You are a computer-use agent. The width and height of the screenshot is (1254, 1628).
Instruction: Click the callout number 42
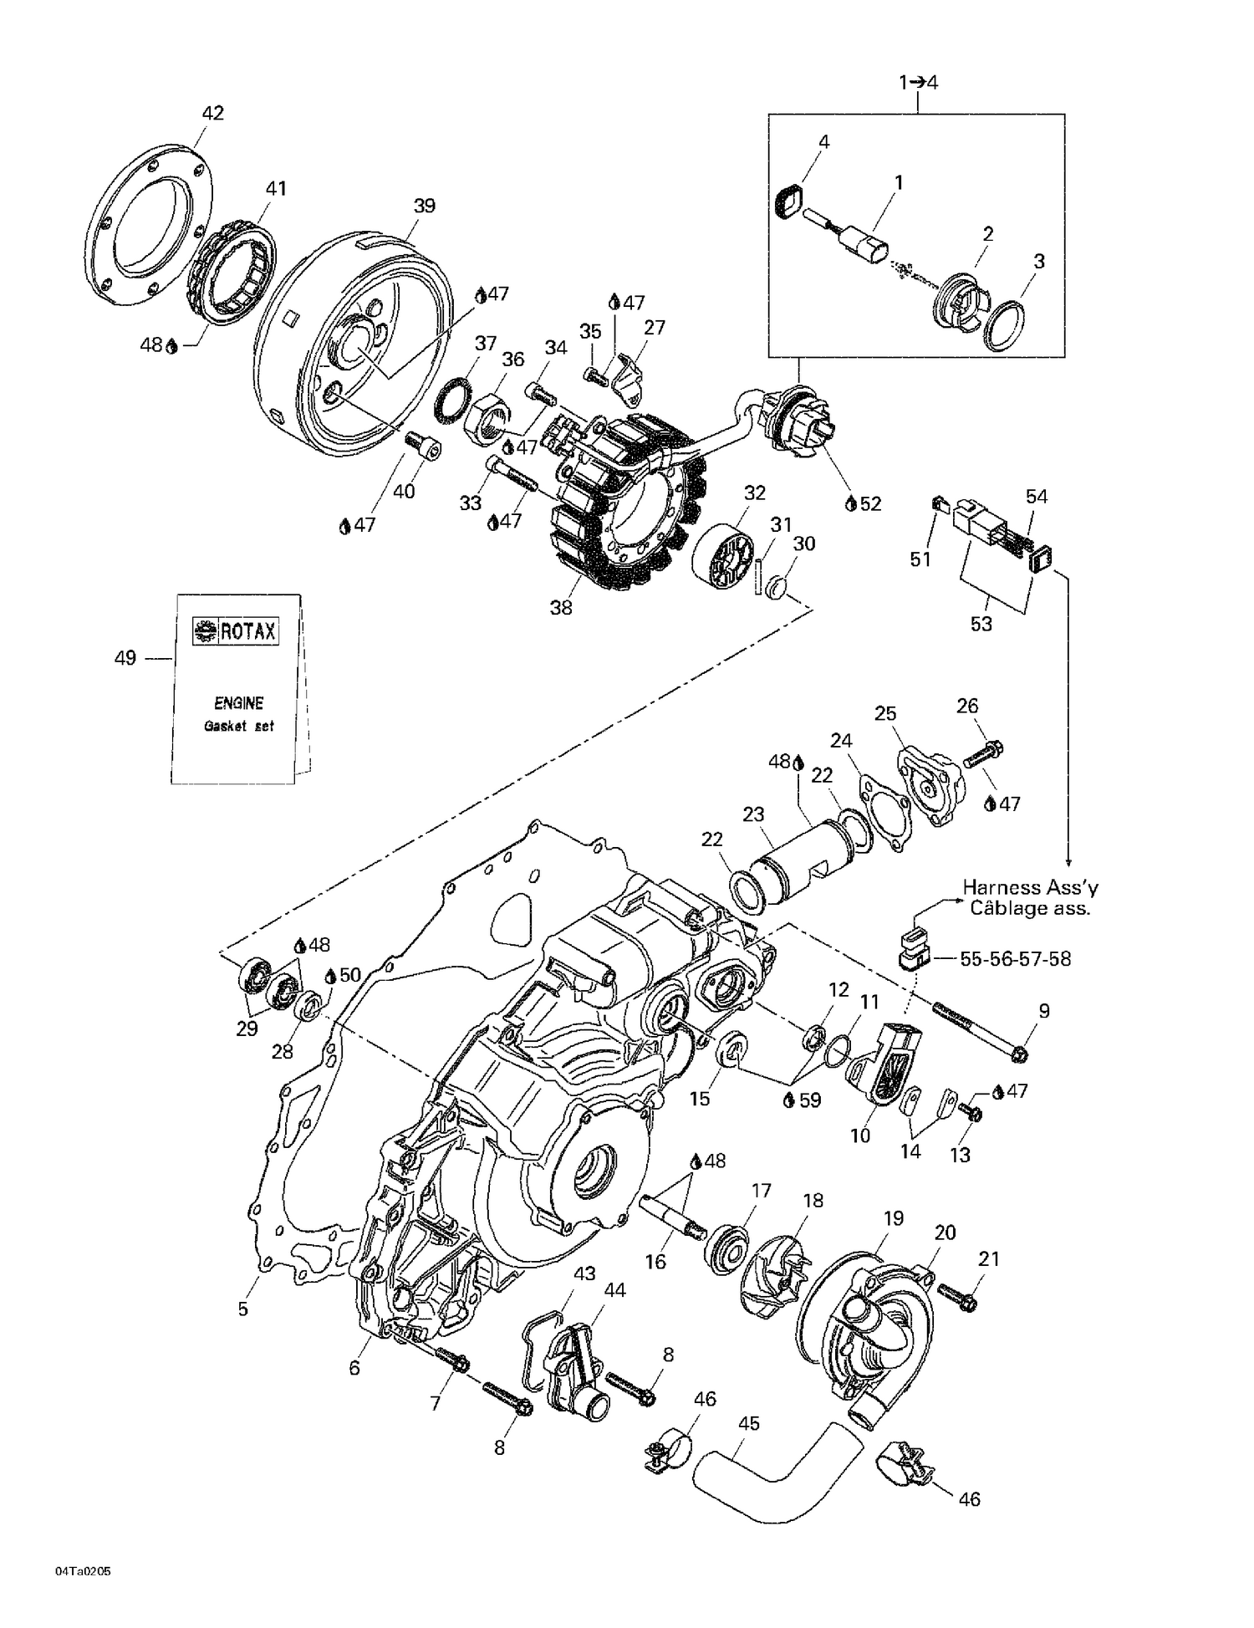pyautogui.click(x=213, y=113)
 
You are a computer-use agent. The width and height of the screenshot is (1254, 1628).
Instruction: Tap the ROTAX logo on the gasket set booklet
pyautogui.click(x=237, y=631)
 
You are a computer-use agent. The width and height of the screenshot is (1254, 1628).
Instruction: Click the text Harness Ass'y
pyautogui.click(x=1030, y=887)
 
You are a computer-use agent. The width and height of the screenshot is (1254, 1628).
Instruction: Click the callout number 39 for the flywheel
pyautogui.click(x=425, y=206)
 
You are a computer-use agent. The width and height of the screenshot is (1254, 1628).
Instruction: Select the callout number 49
pyautogui.click(x=125, y=658)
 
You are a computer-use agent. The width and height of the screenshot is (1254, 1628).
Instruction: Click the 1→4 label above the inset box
pyautogui.click(x=918, y=82)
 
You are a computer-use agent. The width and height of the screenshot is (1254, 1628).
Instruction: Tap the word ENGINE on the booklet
pyautogui.click(x=238, y=703)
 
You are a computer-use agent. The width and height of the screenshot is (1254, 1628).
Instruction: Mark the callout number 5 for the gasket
pyautogui.click(x=243, y=1308)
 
